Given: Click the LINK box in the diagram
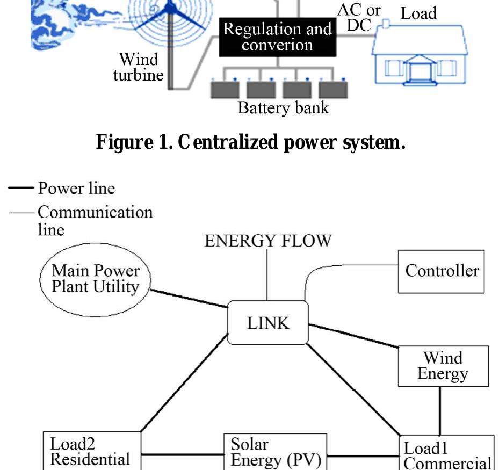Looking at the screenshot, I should [x=268, y=323].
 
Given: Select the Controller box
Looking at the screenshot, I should [x=442, y=271].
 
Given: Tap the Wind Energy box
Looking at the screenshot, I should [x=443, y=366].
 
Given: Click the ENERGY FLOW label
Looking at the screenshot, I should [x=268, y=241].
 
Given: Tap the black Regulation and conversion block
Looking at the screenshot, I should [x=277, y=37].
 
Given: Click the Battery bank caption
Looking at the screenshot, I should [x=283, y=108].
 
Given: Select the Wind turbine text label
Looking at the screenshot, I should [x=138, y=66].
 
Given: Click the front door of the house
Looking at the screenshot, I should [x=417, y=70].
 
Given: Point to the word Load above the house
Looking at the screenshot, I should [x=418, y=14].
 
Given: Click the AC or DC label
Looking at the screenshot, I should [x=359, y=18].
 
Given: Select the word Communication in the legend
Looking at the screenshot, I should [x=95, y=212].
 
